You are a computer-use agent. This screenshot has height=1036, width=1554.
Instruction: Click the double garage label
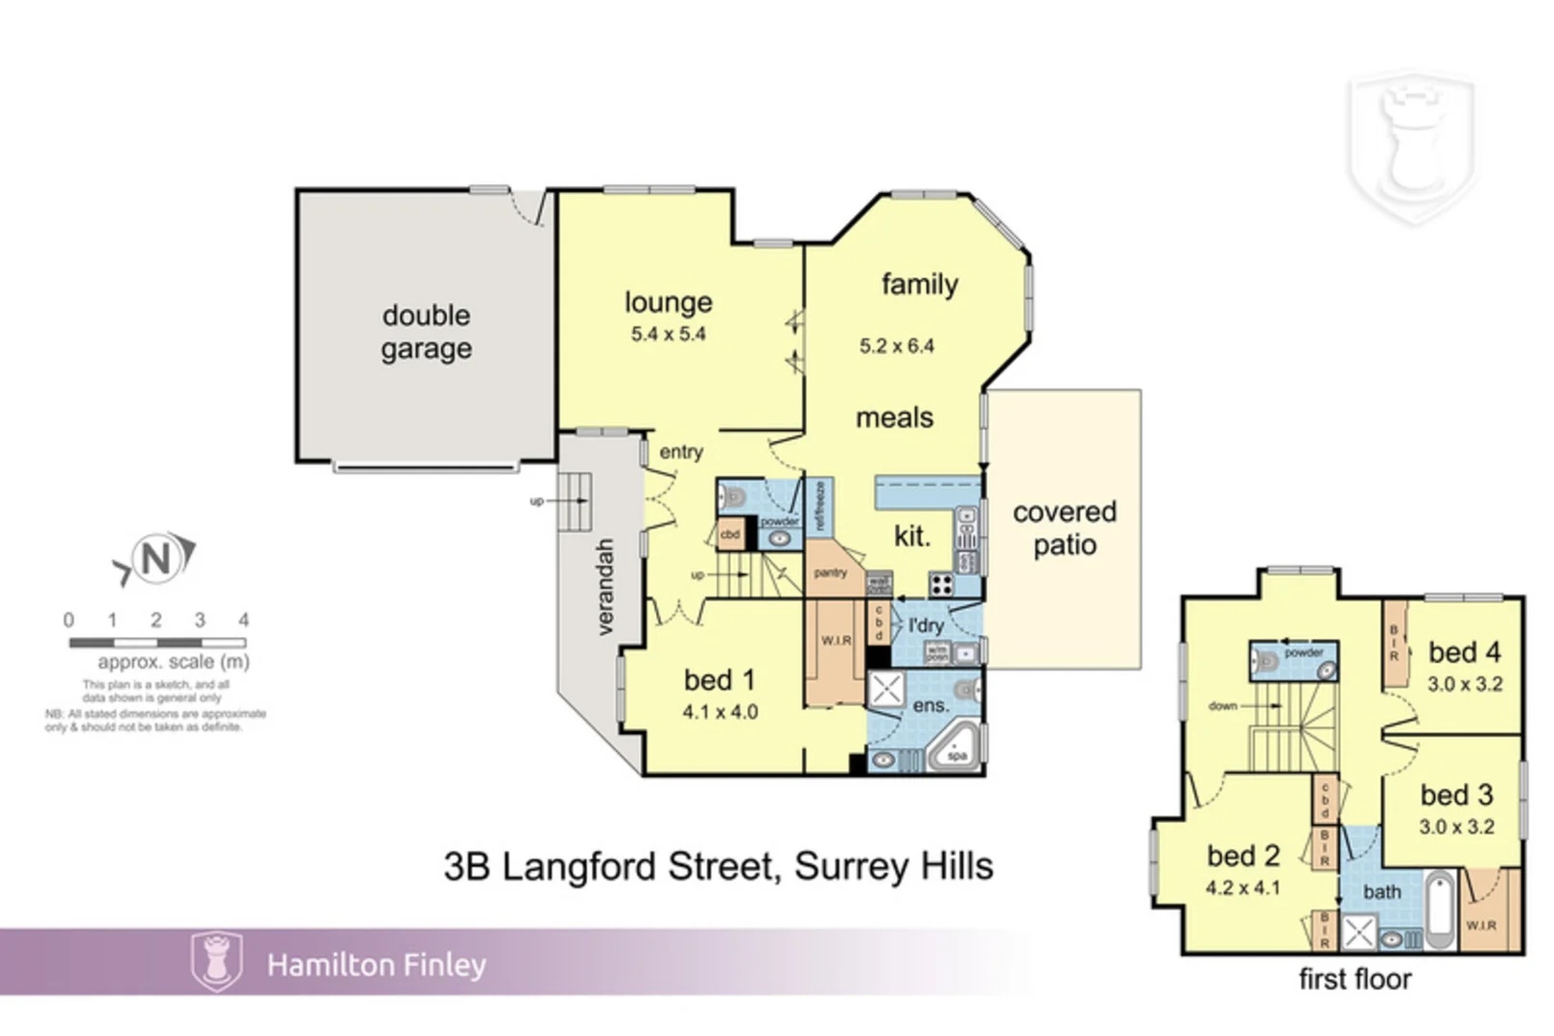(426, 332)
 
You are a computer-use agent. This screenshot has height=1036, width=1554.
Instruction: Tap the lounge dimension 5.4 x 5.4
(668, 335)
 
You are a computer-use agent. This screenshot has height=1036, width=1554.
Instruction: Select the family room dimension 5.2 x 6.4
(896, 346)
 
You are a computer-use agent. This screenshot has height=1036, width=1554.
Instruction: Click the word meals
(894, 418)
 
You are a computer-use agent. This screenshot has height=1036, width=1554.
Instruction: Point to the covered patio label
(1064, 529)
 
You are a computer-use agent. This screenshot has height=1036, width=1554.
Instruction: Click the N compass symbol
(156, 558)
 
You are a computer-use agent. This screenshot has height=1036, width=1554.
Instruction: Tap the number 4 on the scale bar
(244, 621)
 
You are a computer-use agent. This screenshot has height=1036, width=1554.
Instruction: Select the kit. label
(911, 536)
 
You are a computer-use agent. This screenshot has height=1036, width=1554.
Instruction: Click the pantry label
(830, 573)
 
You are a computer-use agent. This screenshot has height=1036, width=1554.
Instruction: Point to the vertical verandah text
(604, 586)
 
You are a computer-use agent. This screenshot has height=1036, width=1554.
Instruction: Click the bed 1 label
(718, 680)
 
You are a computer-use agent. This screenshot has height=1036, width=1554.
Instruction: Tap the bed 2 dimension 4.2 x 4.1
(1242, 888)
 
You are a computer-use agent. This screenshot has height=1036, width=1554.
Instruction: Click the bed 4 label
(1464, 652)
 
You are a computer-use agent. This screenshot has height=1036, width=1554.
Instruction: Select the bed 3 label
(1456, 795)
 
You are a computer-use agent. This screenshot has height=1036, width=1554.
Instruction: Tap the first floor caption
(1354, 979)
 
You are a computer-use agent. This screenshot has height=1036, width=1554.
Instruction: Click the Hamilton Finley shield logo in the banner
(217, 961)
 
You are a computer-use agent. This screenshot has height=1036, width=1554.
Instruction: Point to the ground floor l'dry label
(926, 625)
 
